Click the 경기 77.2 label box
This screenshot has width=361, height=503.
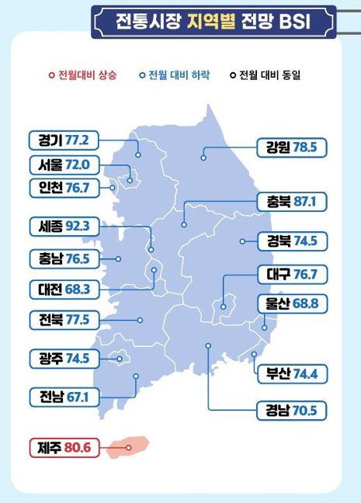coord(64,140)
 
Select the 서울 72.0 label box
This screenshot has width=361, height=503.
coord(64,165)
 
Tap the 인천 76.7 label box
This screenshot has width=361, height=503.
coord(64,188)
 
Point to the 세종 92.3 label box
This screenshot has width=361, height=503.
coord(64,227)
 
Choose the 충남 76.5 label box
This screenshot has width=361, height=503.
coord(64,258)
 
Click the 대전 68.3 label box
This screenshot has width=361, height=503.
coord(64,289)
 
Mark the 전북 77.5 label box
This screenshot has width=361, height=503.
coord(64,319)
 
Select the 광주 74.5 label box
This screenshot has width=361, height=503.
coord(64,358)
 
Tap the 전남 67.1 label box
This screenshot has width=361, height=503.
coord(64,397)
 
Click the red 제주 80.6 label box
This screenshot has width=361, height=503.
coord(64,448)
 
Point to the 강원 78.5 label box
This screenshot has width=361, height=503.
coord(292,145)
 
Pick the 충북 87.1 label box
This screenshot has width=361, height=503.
coord(292,202)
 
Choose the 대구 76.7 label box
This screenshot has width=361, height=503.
coord(292,275)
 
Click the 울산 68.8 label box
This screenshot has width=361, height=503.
coord(292,304)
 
